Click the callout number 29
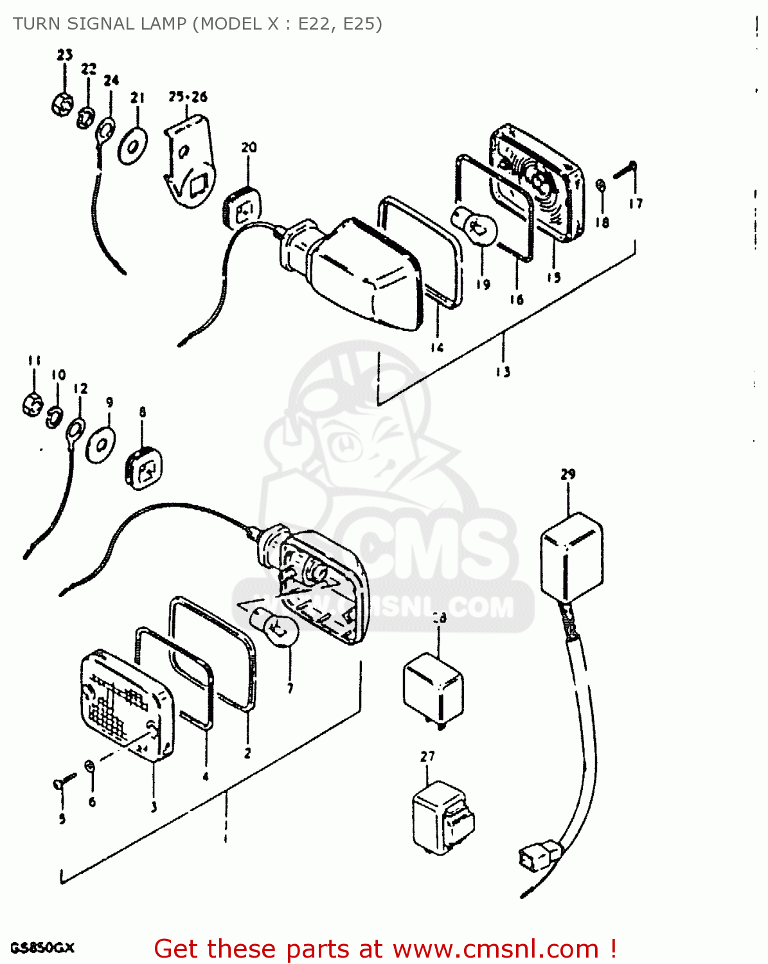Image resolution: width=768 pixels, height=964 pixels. point(568,474)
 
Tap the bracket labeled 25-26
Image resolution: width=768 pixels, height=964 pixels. point(190,163)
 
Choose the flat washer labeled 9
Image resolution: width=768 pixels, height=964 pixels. point(102,444)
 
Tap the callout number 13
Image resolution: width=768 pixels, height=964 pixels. point(503,371)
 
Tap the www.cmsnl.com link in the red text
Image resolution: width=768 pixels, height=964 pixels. point(496,949)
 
